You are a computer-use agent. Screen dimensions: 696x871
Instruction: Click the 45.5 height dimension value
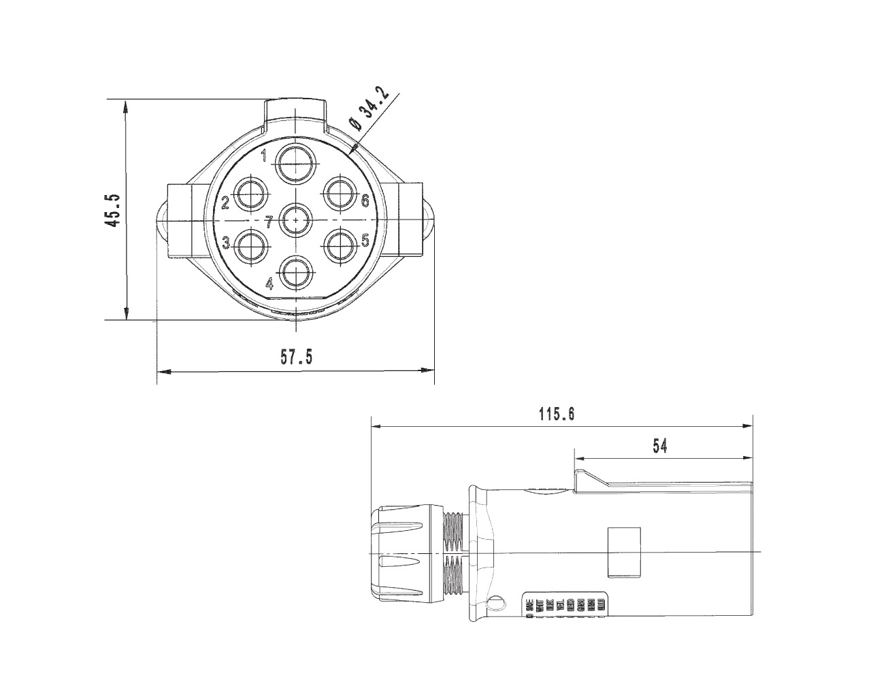[x=113, y=210]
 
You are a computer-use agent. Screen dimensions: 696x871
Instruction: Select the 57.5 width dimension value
[x=297, y=358]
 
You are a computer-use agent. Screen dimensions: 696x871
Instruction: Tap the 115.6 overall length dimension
[x=557, y=414]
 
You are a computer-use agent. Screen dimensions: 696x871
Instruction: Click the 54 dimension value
[x=659, y=446]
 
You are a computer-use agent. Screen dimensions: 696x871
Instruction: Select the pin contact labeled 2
[x=251, y=195]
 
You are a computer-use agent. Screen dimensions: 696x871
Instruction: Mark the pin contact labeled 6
[x=340, y=195]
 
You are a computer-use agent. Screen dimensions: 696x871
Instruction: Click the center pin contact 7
[x=295, y=220]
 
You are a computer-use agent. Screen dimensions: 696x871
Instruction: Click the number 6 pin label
[x=365, y=201]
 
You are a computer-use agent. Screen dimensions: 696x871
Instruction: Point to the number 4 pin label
[x=270, y=283]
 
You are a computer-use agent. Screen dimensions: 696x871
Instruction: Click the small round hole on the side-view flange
[x=497, y=603]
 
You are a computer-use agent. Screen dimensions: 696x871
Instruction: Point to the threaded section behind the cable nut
[x=453, y=553]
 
